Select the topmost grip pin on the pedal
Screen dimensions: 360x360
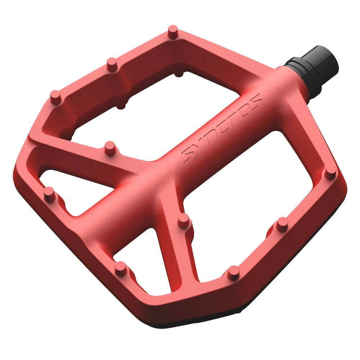coord(173,30)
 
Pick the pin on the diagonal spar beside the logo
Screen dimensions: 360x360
coord(110,147)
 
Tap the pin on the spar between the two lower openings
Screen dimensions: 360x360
coord(184,220)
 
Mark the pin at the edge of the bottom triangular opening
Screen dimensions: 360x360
coord(121,268)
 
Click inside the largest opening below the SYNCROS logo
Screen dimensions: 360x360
coord(252,202)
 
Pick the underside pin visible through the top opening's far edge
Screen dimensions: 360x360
coord(179,74)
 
